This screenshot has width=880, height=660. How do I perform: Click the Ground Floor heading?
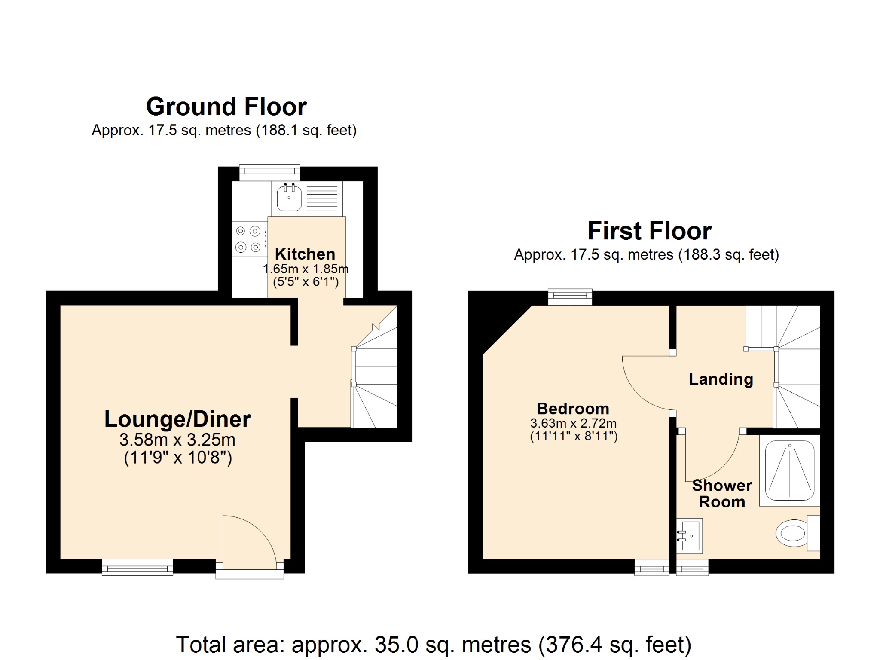click(226, 107)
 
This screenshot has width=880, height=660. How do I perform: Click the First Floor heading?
click(649, 231)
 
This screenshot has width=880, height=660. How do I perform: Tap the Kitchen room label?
click(305, 254)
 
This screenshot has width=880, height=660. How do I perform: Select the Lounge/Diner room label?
click(177, 419)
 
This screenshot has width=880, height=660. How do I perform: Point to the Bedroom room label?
click(573, 408)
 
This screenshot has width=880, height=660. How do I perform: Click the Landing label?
click(721, 379)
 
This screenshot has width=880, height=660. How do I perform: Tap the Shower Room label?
click(722, 494)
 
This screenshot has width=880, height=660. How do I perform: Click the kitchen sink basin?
click(289, 199)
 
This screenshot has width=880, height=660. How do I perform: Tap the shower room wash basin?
click(690, 536)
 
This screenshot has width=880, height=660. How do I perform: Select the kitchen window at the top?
click(269, 172)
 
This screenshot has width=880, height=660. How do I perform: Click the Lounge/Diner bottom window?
click(137, 568)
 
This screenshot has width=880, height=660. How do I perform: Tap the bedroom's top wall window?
click(570, 297)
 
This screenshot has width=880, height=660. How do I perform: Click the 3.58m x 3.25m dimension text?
click(177, 440)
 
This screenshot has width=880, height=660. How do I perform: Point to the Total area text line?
click(434, 645)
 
